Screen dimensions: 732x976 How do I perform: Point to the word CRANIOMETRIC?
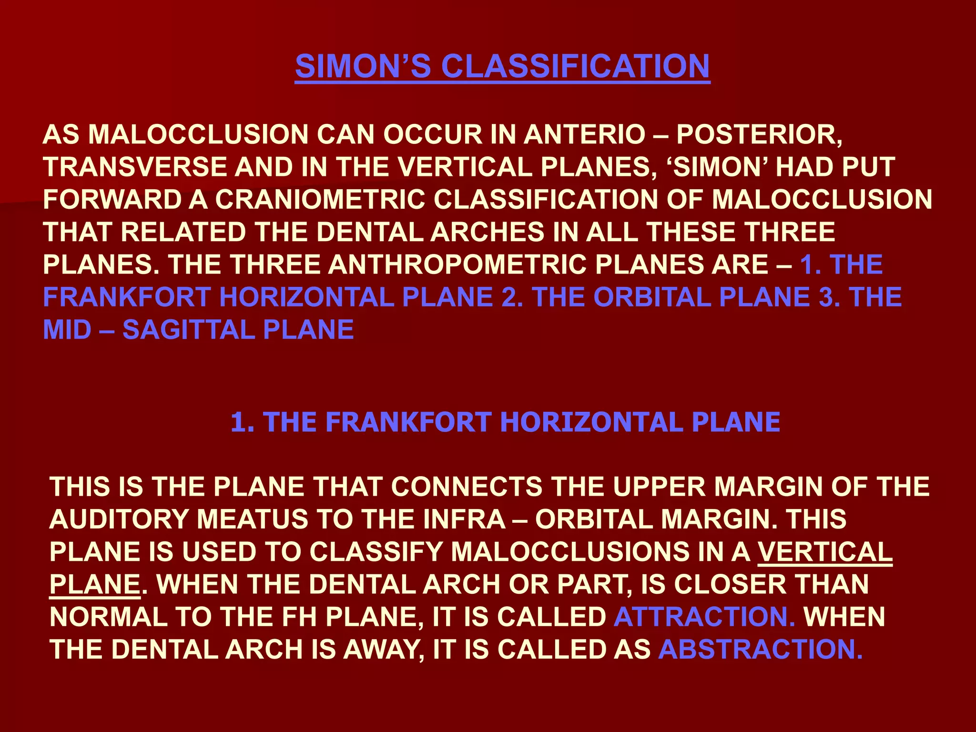coord(320,199)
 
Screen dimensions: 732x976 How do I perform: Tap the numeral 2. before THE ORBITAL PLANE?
coord(512,297)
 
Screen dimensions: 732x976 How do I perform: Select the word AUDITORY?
coord(119,519)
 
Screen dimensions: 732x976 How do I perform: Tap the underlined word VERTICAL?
coord(825,552)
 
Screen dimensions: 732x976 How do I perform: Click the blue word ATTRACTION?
coord(704,617)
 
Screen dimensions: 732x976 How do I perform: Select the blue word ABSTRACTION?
coord(760,649)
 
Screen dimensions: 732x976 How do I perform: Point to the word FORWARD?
coord(112,199)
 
